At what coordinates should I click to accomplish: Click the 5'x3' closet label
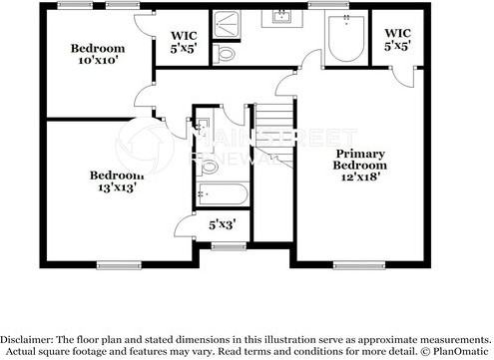221,226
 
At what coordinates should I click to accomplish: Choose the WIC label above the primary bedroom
397,32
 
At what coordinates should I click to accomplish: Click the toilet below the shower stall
226,53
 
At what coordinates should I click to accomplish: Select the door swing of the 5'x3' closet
186,227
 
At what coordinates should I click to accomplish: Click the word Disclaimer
32,338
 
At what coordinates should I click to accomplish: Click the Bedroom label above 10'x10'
98,49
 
